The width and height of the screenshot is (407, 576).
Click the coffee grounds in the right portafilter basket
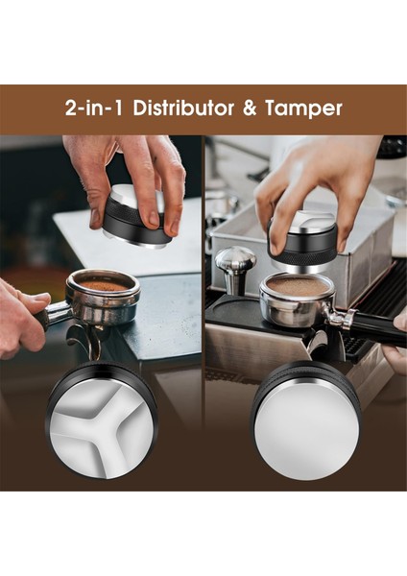[298, 285]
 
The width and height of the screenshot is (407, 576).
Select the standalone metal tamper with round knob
[235, 269]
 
